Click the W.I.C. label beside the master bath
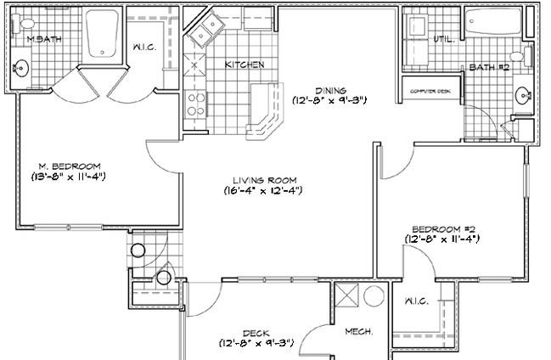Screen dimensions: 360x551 tap(144, 48)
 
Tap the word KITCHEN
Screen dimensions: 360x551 tap(244, 65)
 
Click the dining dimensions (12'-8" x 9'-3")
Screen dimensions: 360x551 tap(329, 100)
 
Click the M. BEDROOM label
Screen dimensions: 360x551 tap(70, 166)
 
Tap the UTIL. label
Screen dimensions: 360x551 tap(444, 39)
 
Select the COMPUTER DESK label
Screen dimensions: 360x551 tap(430, 91)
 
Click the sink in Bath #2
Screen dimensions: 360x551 tap(525, 95)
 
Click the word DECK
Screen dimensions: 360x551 tap(256, 332)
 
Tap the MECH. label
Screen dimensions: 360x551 tap(357, 332)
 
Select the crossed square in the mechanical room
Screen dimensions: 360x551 tap(346, 297)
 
